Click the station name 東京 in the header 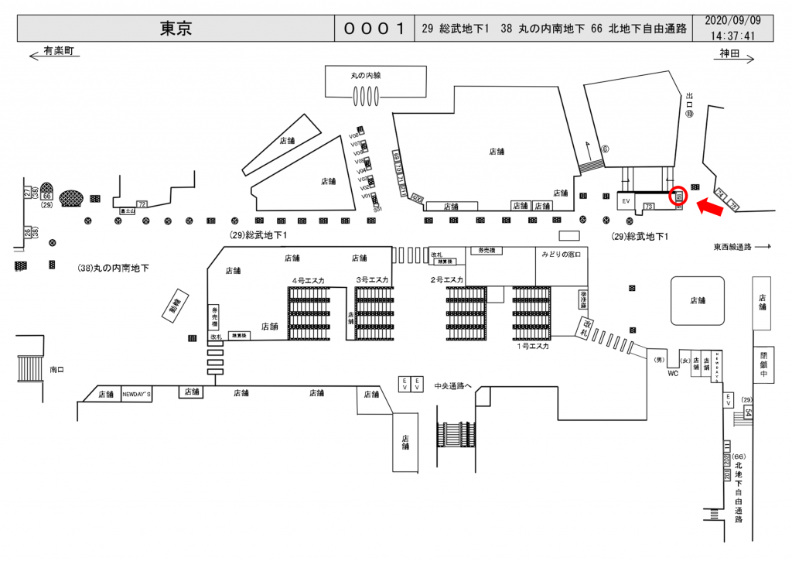(x=176, y=29)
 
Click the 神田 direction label (x=729, y=53)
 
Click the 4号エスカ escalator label (x=308, y=279)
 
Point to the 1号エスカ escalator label (x=532, y=347)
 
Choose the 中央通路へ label (x=452, y=385)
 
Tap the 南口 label (x=56, y=370)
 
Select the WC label (x=673, y=372)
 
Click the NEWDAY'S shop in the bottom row (x=137, y=394)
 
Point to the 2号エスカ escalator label (x=446, y=279)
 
